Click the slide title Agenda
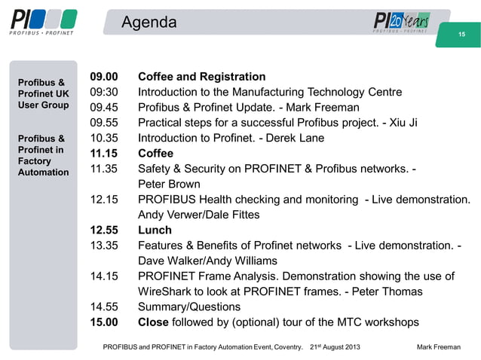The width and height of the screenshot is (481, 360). (x=149, y=23)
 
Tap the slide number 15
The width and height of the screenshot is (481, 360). (x=463, y=35)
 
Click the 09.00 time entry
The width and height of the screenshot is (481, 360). (x=104, y=77)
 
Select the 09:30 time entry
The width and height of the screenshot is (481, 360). (x=104, y=92)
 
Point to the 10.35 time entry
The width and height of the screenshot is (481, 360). (x=104, y=138)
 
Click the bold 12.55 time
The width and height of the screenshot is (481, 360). (x=104, y=230)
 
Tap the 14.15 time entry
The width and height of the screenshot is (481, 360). (x=104, y=276)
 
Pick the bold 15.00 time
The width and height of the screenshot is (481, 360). (x=104, y=322)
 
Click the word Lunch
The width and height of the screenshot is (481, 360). (x=155, y=230)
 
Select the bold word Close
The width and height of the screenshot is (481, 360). (x=154, y=322)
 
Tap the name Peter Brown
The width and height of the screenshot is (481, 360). (x=169, y=185)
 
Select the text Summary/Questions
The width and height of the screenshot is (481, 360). (x=189, y=307)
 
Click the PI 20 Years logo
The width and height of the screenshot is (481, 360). (x=402, y=23)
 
